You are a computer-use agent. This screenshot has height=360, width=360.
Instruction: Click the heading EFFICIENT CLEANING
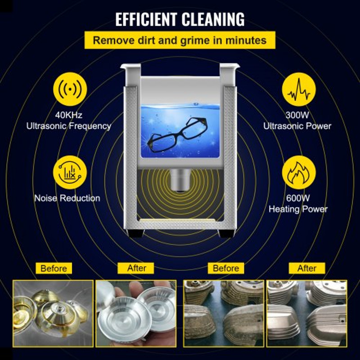point(180,20)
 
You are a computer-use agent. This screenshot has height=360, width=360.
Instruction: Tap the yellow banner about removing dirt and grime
point(180,40)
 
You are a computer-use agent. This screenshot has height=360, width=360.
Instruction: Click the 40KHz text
point(69,116)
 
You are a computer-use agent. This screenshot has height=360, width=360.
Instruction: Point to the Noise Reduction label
point(67,198)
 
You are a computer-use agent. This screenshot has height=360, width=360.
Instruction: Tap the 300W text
point(297,116)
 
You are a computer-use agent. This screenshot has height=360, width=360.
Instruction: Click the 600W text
point(297,198)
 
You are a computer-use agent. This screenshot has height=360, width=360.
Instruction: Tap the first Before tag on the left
point(54,269)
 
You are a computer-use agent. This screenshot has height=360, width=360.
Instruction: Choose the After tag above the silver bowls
point(137,268)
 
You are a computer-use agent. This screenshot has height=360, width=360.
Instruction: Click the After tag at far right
point(307,269)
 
